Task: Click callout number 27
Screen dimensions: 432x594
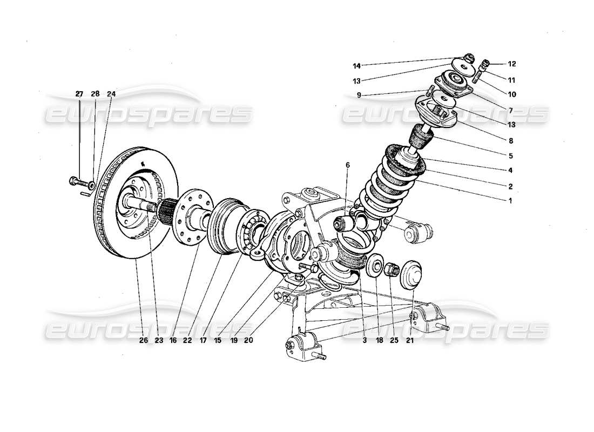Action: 79,94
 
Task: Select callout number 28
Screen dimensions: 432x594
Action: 95,94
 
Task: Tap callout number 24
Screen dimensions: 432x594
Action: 111,94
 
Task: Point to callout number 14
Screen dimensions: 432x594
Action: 356,66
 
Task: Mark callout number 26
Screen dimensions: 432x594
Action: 143,341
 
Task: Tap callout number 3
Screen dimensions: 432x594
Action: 364,341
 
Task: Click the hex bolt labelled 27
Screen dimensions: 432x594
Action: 75,180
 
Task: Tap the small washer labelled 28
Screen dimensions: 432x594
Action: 92,185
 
